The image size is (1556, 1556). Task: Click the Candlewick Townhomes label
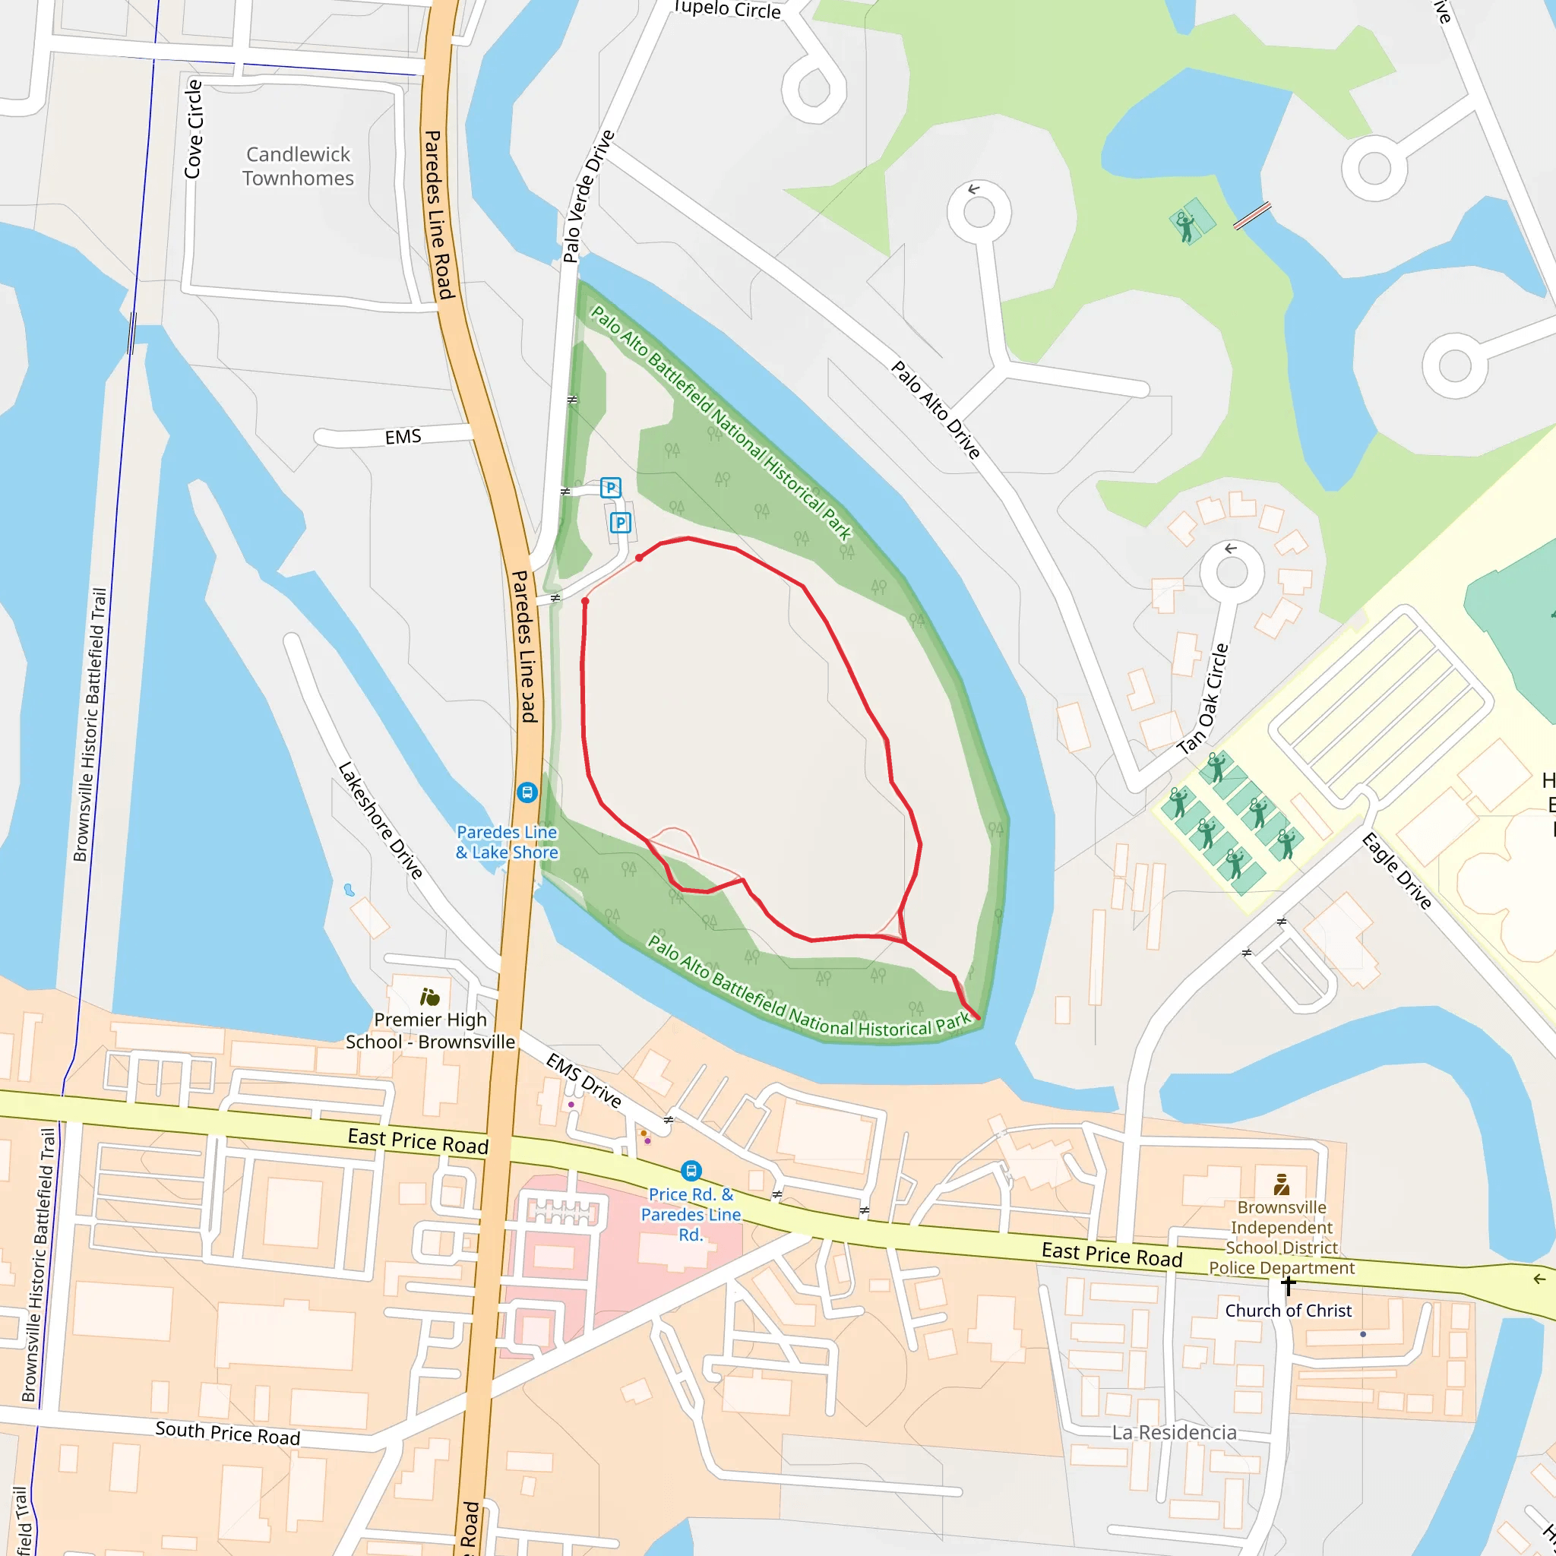pos(298,166)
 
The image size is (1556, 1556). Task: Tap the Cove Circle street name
pos(193,129)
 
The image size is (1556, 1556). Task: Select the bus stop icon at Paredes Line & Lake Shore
pos(527,792)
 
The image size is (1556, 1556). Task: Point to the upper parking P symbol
pos(611,487)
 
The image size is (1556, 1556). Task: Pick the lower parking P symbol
pos(620,523)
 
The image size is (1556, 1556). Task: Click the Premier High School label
pos(430,1030)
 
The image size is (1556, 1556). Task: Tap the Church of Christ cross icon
pos(1287,1286)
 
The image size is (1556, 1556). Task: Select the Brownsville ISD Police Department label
pos(1282,1237)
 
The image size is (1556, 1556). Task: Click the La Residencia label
pos(1173,1433)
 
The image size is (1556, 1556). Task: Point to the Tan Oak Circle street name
pos(1203,698)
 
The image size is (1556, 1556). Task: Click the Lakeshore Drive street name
pos(380,820)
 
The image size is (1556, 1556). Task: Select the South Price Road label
pos(227,1434)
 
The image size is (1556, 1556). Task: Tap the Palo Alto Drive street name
pos(936,410)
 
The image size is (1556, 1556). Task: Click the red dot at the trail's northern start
pos(639,558)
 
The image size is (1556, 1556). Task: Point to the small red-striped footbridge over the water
pos(1251,216)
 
